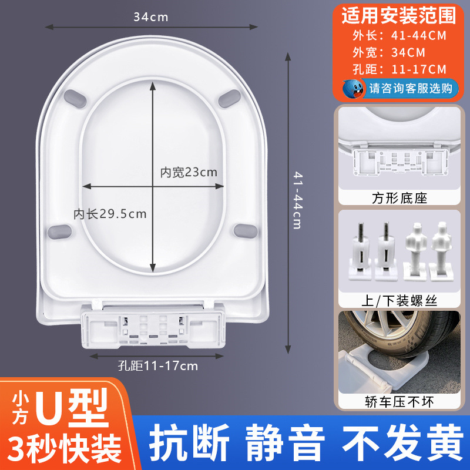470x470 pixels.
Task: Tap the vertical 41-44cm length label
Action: [296, 200]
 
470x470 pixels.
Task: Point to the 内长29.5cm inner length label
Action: [110, 213]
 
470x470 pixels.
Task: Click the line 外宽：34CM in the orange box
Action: [382, 52]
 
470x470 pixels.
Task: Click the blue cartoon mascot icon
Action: [354, 89]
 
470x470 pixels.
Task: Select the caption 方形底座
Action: [398, 198]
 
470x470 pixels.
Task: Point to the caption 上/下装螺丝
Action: [398, 301]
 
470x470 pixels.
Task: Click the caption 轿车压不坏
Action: [398, 402]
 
